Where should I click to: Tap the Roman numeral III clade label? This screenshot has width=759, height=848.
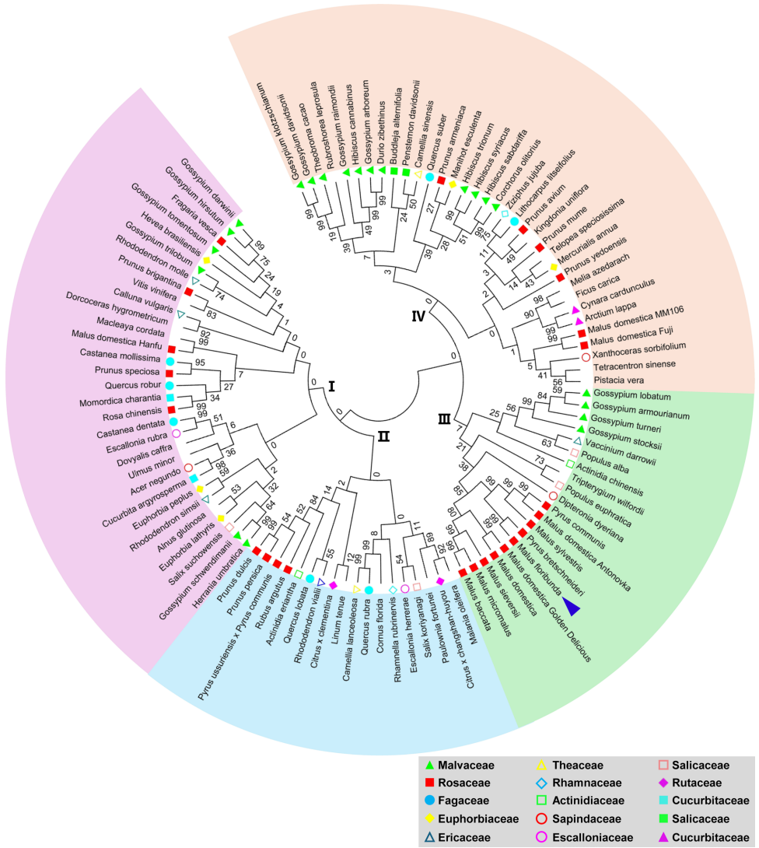click(444, 420)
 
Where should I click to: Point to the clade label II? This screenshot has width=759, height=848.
click(383, 436)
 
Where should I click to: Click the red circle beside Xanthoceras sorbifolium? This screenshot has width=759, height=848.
click(586, 356)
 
